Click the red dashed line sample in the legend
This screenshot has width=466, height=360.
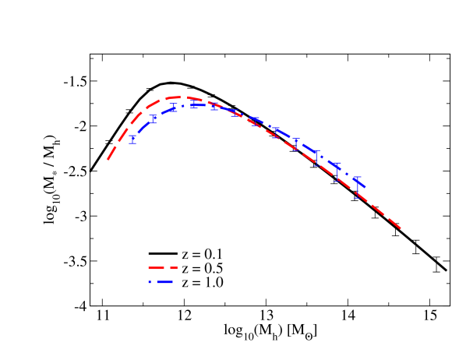click(x=163, y=268)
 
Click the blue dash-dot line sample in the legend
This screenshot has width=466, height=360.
click(x=161, y=281)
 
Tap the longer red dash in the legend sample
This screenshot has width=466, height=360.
click(x=156, y=268)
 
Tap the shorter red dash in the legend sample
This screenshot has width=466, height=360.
click(x=174, y=268)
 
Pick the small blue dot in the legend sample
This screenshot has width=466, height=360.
click(x=150, y=281)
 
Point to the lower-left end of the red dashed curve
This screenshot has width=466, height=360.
click(x=108, y=159)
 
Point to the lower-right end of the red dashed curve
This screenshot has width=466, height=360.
click(x=400, y=228)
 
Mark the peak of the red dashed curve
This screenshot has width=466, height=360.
click(x=177, y=97)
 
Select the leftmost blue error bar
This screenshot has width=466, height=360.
click(x=133, y=139)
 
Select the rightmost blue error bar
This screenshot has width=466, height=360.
click(x=358, y=188)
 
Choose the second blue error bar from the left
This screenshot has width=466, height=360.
click(x=154, y=119)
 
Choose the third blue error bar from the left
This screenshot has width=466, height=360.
click(x=174, y=108)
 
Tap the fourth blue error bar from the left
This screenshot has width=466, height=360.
click(x=194, y=104)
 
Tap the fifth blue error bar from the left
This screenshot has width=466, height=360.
click(x=214, y=106)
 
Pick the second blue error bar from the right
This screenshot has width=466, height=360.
click(x=337, y=171)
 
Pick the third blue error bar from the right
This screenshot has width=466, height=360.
click(x=317, y=157)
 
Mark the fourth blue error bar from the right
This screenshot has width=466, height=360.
click(x=297, y=143)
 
